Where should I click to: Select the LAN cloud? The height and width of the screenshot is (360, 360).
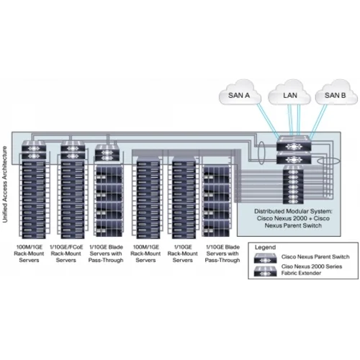coord(289,94)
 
